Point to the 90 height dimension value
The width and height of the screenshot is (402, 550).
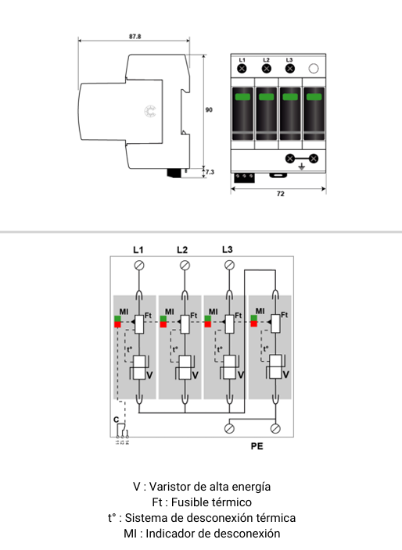click(208, 110)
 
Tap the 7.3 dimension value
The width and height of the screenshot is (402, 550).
click(210, 170)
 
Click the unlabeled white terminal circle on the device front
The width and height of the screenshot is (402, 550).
click(314, 69)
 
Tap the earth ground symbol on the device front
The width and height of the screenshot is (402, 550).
click(302, 166)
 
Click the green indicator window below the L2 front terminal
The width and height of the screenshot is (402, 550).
click(266, 97)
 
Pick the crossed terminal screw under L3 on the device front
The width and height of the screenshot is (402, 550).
click(289, 69)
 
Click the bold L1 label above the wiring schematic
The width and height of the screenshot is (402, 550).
click(138, 250)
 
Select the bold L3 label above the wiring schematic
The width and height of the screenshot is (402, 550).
click(228, 250)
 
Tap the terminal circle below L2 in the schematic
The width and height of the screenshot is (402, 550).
click(185, 266)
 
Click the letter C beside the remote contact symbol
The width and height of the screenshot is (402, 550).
click(117, 420)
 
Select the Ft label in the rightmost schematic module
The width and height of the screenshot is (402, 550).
click(285, 314)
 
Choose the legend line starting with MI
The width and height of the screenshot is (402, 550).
click(200, 534)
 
